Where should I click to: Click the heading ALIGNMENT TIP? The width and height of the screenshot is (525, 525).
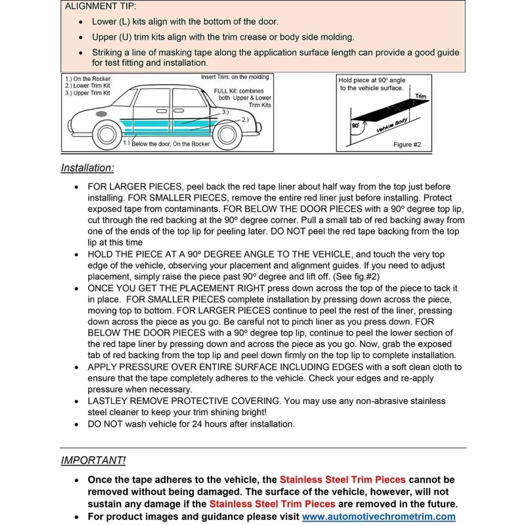click(100, 7)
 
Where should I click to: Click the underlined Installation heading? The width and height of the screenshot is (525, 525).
click(87, 168)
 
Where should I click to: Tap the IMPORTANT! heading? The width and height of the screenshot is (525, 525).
click(93, 460)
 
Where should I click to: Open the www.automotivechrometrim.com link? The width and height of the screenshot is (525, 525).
click(378, 517)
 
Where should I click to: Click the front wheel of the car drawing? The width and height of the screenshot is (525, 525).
click(107, 134)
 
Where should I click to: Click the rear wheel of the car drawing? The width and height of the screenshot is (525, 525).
click(227, 134)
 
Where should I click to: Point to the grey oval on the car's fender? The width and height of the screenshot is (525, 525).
click(102, 114)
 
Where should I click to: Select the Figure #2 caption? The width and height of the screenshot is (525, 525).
click(407, 145)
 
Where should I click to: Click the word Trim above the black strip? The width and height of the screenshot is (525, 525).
click(421, 96)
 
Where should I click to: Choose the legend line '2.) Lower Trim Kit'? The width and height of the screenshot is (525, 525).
click(88, 86)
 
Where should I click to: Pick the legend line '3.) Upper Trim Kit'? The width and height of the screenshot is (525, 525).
click(88, 93)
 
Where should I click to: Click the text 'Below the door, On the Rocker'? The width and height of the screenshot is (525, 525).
click(170, 144)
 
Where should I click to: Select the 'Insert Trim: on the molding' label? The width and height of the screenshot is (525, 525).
click(235, 77)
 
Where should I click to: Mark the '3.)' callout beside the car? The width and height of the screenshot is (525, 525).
click(225, 111)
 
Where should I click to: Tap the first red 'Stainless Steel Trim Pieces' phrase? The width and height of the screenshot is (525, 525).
click(342, 480)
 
